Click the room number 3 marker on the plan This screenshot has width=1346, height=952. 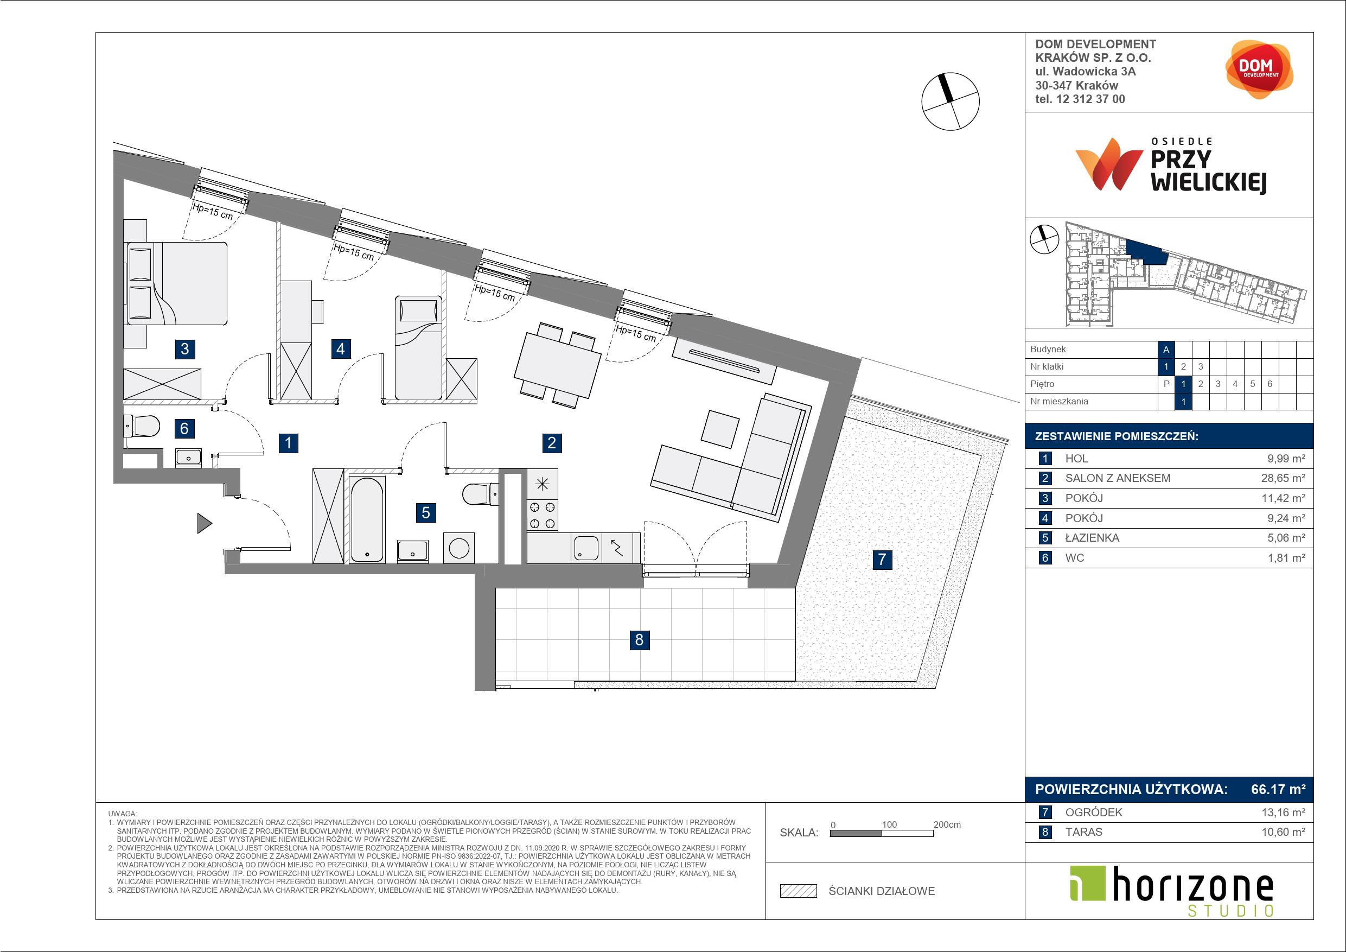[184, 349]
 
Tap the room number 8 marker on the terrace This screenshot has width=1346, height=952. [639, 639]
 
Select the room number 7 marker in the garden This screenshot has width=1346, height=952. [882, 560]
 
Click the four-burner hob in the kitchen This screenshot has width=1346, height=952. [543, 516]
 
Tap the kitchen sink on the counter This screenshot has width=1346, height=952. [585, 548]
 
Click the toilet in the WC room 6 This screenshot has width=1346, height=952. [141, 427]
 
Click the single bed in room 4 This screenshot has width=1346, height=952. [418, 347]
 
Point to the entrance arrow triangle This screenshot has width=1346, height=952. [204, 523]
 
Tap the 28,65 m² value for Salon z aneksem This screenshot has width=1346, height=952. [1283, 478]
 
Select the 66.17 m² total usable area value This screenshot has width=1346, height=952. [1278, 790]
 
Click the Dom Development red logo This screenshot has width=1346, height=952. [1259, 69]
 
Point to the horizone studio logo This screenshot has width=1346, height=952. [1171, 891]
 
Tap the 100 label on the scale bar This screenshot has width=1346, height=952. [889, 824]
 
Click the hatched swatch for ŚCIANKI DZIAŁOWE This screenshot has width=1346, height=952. [799, 891]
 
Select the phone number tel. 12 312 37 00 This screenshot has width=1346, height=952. [1080, 99]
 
